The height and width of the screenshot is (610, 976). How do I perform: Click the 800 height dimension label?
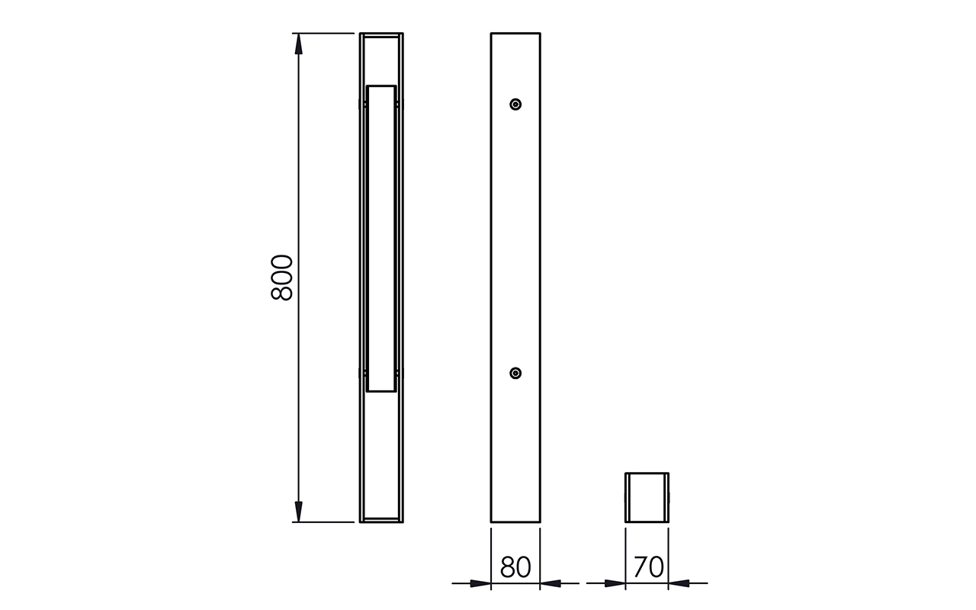coord(282,278)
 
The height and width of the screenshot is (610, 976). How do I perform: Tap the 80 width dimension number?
coord(515,567)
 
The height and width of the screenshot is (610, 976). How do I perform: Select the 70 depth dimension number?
coord(648,567)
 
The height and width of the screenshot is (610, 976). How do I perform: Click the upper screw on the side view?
coord(515,104)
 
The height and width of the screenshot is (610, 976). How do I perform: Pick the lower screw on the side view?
coord(515,374)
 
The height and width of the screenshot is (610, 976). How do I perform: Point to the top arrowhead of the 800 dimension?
coord(298,44)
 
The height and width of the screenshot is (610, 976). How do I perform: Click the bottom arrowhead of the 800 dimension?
coord(298,511)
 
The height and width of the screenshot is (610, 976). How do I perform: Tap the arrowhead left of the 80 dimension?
coord(480,583)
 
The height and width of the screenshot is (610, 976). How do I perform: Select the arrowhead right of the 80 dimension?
coord(551,583)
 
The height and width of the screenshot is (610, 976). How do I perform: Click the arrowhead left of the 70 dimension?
coord(615,583)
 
